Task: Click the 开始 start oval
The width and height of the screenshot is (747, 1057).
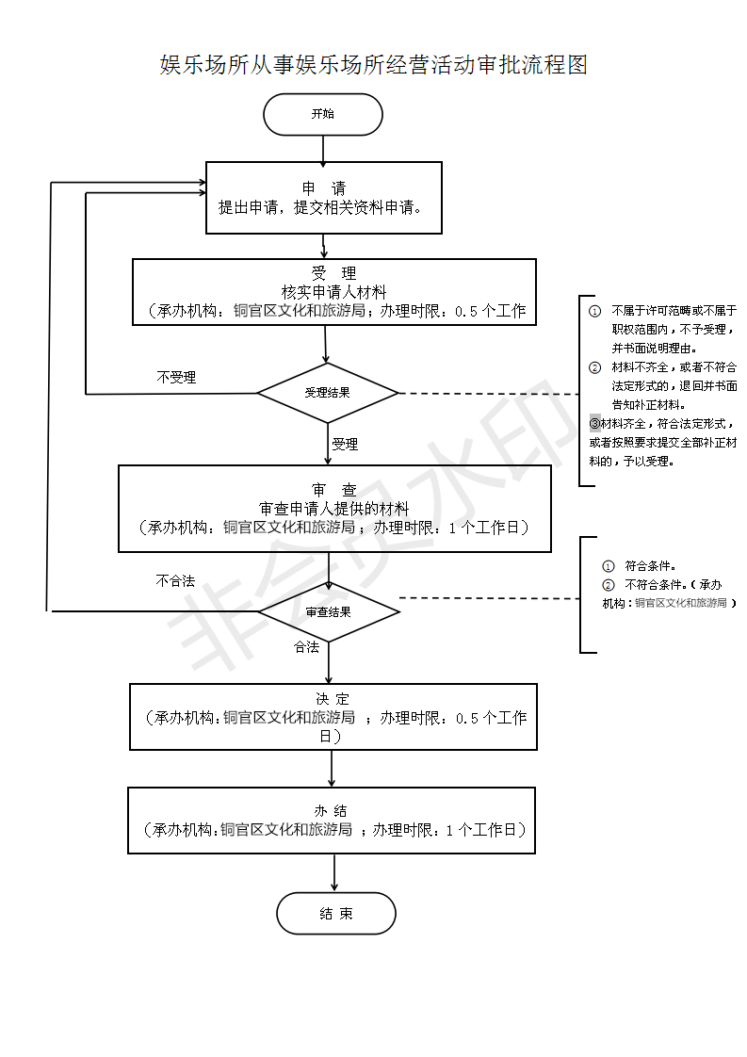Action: click(323, 115)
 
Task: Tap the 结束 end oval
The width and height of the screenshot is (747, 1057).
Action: click(336, 914)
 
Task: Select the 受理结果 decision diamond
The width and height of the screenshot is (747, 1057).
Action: click(328, 393)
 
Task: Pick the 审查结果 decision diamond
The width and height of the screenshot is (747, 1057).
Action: click(329, 611)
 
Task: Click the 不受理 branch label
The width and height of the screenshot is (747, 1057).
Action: click(176, 378)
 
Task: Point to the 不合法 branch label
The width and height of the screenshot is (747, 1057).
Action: click(175, 581)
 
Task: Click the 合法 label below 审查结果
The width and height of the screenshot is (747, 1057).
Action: click(307, 647)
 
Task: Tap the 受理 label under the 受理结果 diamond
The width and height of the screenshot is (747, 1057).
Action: click(345, 444)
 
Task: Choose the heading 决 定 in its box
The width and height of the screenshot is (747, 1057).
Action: click(333, 699)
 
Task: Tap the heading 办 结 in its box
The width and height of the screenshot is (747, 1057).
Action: click(332, 811)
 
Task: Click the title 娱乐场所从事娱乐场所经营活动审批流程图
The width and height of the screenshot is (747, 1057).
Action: click(374, 65)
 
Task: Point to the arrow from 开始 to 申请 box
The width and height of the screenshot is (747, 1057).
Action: click(323, 149)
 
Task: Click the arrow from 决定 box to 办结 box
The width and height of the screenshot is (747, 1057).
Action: click(332, 768)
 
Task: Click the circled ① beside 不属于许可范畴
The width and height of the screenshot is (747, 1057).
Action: click(594, 310)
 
